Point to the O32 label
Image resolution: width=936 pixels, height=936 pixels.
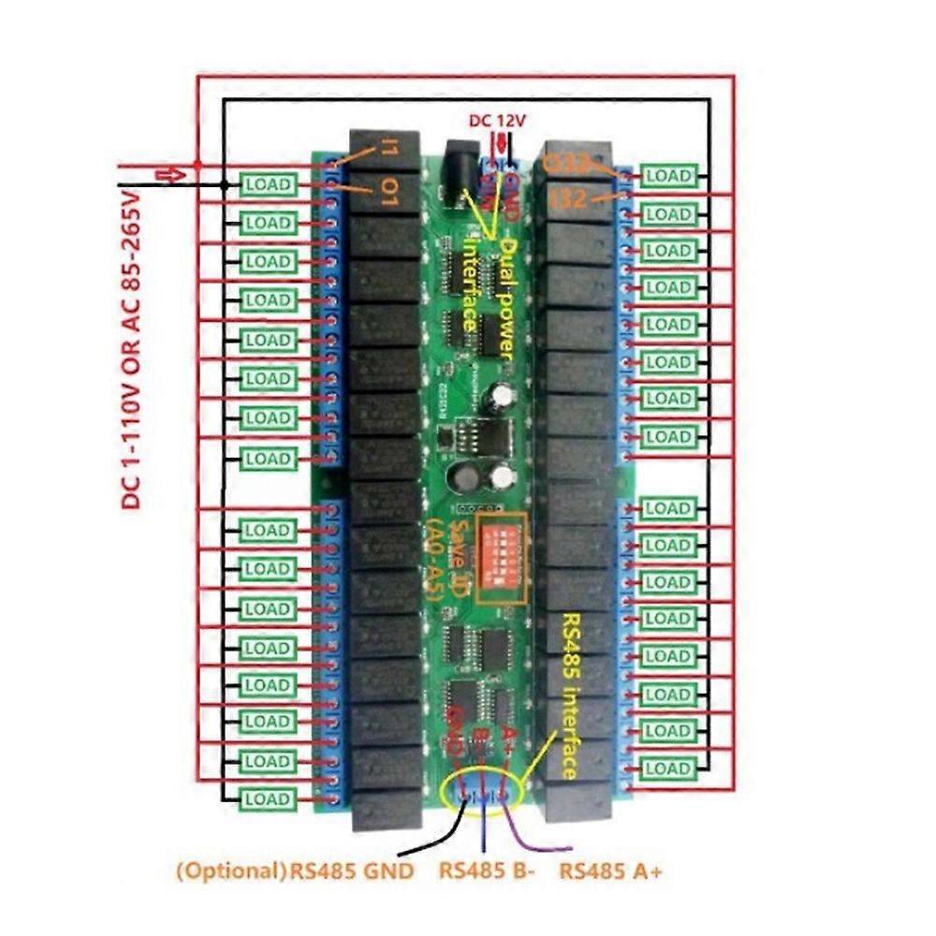565,165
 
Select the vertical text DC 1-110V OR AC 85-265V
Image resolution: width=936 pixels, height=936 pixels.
131,346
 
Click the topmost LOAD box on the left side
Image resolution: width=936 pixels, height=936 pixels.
268,184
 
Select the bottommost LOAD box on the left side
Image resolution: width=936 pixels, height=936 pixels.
268,800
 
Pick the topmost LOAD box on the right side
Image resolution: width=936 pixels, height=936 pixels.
667,175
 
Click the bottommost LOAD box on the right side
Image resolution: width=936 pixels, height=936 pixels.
667,769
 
